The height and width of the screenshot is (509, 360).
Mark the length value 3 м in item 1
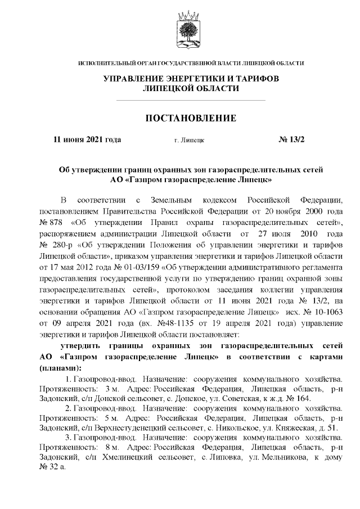pos(109,389)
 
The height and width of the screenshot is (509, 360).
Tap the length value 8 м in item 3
pos(109,447)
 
